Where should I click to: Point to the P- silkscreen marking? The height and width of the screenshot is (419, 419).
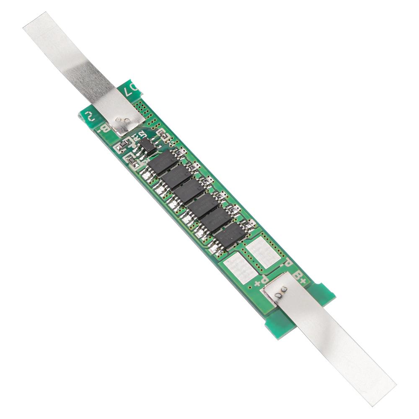coord(287,264)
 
